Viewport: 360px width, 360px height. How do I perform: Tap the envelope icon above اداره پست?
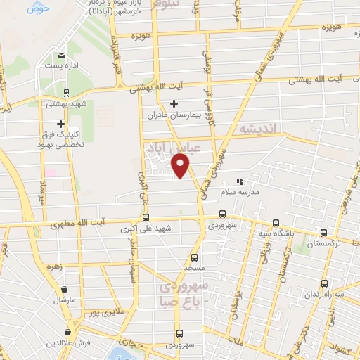[62, 55]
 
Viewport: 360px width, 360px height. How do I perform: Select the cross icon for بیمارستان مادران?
[174, 103]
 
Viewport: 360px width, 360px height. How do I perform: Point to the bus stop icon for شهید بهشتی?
[66, 93]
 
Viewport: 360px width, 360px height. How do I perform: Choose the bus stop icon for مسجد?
[195, 257]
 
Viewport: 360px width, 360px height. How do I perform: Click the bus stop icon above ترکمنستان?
[323, 232]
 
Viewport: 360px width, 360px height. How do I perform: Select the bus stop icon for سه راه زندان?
[323, 284]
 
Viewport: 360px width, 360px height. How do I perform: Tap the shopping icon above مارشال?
[64, 289]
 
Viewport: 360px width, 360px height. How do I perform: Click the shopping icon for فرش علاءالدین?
[68, 332]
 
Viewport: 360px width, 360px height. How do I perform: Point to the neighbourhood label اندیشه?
[259, 129]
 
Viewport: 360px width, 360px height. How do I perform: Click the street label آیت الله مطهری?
[78, 224]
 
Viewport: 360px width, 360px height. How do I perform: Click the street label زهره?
[54, 268]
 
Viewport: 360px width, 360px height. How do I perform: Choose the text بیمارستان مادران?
[175, 113]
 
